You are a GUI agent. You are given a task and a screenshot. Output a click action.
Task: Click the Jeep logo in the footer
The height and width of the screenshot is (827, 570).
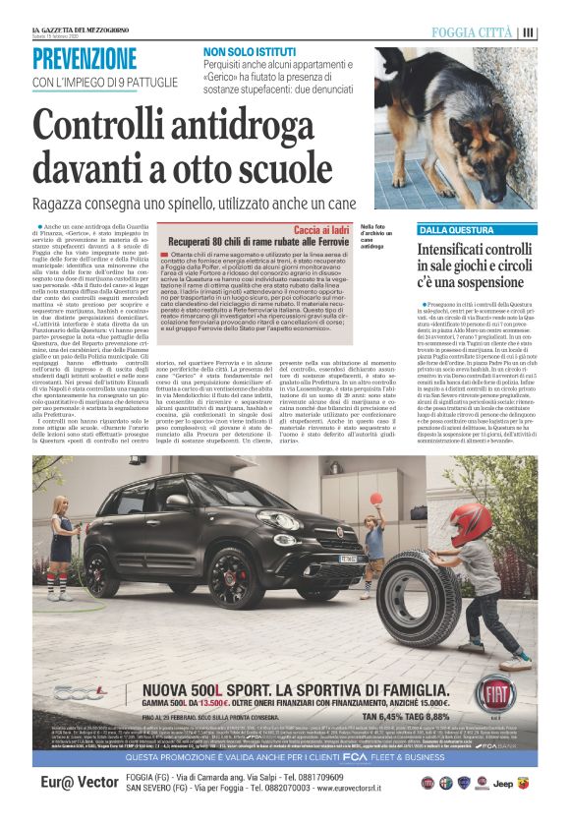pos(501,784)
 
